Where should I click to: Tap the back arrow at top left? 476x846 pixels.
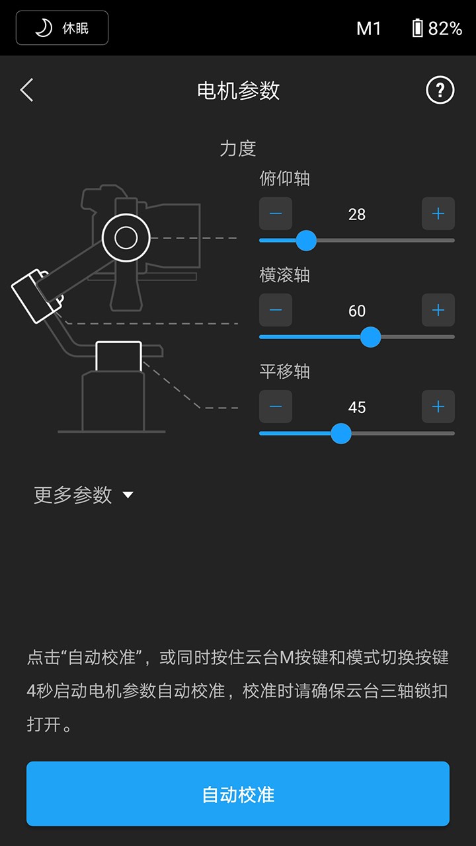[x=26, y=90]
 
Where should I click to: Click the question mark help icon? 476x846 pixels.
[x=440, y=90]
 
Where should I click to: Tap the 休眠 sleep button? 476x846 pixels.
[x=62, y=28]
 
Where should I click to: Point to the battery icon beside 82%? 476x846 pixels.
[x=417, y=28]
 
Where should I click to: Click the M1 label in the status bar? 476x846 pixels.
[x=368, y=28]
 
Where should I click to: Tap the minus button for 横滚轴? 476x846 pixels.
[x=276, y=310]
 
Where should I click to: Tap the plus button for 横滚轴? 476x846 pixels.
[x=438, y=310]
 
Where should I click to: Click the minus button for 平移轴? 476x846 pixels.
[x=276, y=406]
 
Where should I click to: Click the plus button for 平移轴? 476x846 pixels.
[x=438, y=406]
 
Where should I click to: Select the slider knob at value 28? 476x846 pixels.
[x=306, y=241]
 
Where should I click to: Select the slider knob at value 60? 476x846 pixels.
[x=371, y=337]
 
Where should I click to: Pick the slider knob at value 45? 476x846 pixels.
[x=340, y=434]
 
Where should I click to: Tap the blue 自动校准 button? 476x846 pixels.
[x=238, y=794]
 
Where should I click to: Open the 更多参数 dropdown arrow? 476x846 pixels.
[x=128, y=495]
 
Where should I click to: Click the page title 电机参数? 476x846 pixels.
[x=238, y=91]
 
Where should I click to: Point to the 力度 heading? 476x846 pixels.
[x=238, y=148]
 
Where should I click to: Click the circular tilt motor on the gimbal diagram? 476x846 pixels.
[x=126, y=237]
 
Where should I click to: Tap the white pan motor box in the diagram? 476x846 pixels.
[x=118, y=356]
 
